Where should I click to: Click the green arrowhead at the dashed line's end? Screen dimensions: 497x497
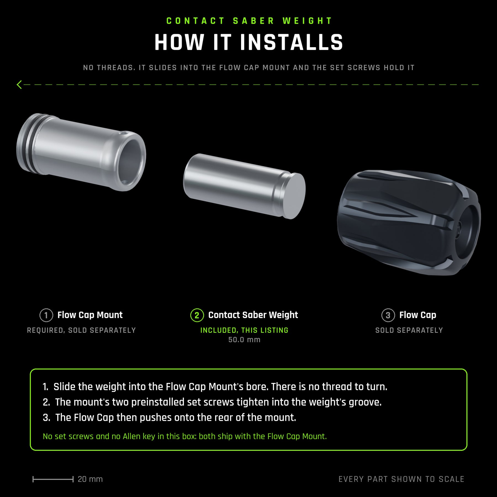(x=19, y=84)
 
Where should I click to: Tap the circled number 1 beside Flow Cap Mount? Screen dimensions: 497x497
(x=46, y=315)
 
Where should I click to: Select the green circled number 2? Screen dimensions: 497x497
(x=197, y=315)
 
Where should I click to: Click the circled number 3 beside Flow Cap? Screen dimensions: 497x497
(x=388, y=315)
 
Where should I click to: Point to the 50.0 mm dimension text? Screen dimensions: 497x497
(x=244, y=340)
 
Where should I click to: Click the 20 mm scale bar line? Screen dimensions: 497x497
(x=53, y=479)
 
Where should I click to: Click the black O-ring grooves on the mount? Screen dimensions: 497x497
(x=30, y=144)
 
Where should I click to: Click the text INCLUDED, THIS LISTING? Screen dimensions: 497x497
(x=244, y=330)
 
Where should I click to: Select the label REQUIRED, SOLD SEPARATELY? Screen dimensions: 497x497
(x=81, y=330)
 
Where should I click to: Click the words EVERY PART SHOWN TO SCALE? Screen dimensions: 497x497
(x=401, y=479)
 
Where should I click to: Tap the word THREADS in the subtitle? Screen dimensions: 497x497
(x=116, y=68)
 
